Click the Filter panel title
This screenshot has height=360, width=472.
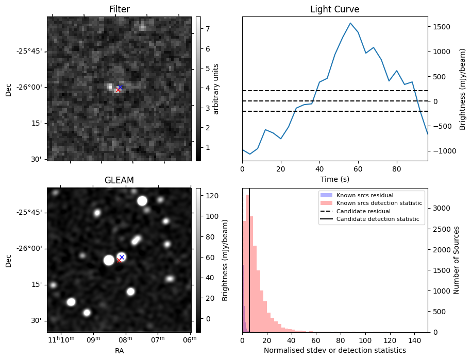tap(119, 9)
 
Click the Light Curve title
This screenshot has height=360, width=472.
tap(334, 9)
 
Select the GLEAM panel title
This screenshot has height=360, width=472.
tap(119, 180)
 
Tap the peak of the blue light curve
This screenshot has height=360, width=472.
tap(350, 23)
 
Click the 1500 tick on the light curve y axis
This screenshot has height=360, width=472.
tap(442, 27)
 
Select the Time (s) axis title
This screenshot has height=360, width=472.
tap(334, 178)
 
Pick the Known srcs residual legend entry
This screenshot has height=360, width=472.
tap(365, 195)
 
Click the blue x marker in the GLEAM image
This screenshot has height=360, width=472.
tap(122, 257)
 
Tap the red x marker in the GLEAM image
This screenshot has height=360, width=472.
tap(119, 261)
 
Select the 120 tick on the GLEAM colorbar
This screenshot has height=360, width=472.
tap(210, 196)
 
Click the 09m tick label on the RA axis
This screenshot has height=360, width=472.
tap(93, 340)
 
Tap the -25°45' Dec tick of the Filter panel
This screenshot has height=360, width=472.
tap(30, 51)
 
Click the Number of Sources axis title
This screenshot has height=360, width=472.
tap(457, 260)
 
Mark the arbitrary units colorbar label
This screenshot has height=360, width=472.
tap(216, 89)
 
